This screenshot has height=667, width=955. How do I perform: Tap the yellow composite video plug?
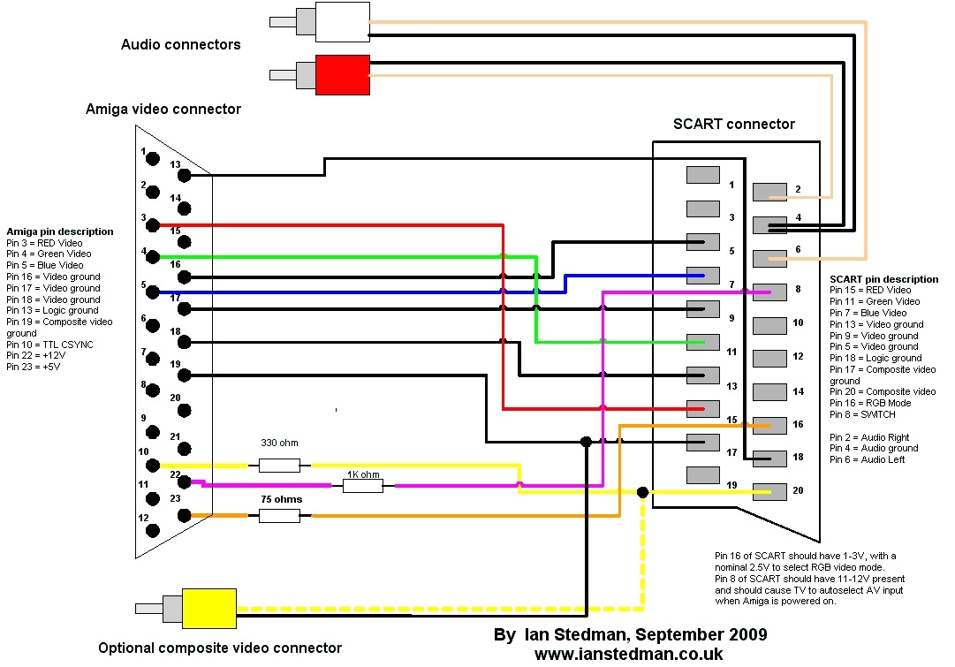(208, 609)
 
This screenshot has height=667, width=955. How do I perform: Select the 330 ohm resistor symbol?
(279, 465)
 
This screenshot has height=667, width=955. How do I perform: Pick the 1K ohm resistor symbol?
(362, 484)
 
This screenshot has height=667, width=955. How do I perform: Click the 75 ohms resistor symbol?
(279, 515)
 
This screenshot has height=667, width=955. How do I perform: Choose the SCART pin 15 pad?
(703, 408)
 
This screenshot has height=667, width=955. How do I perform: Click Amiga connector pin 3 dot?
(152, 224)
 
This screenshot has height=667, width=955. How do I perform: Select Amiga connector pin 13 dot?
(184, 176)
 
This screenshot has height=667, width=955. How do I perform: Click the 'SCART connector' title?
(733, 125)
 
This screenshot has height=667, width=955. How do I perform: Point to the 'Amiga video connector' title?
(163, 110)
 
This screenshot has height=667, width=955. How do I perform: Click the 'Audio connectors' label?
(180, 44)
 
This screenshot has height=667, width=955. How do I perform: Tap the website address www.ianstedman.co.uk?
(628, 654)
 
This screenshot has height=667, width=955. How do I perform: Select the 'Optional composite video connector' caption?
(220, 648)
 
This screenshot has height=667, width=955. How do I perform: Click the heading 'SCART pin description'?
(883, 279)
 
